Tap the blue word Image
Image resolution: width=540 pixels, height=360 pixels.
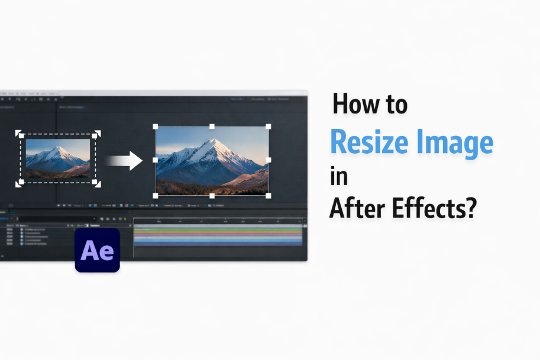pos(456,142)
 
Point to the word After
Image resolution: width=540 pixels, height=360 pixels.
pos(355,208)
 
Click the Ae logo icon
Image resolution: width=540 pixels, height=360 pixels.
pos(98,250)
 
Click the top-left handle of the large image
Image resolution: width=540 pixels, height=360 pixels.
pos(156,127)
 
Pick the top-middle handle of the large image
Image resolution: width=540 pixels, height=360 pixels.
pos(212,127)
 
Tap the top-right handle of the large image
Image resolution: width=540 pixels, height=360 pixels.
pos(269,127)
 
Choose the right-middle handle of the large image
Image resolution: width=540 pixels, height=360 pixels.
pos(269,160)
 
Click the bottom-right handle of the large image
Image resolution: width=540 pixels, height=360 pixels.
pos(269,195)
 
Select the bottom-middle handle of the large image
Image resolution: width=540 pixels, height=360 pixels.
pos(212,195)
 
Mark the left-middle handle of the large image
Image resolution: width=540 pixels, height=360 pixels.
pos(156,160)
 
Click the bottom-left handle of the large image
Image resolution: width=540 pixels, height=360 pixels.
pos(156,195)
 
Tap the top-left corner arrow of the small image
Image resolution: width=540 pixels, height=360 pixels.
pos(19,134)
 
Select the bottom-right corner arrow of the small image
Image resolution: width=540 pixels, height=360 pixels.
pos(97,184)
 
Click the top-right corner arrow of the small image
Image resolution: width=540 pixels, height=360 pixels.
pos(97,134)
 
